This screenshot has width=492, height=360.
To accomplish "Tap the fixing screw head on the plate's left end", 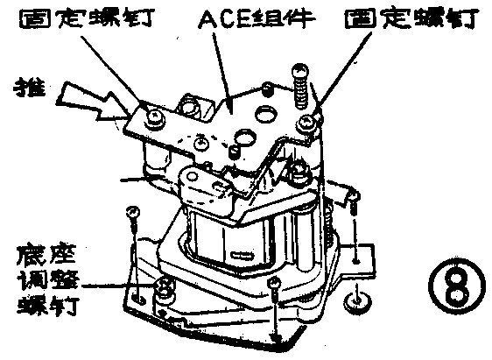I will point(155,115).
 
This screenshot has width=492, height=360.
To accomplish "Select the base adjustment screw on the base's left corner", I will point(163,288).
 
